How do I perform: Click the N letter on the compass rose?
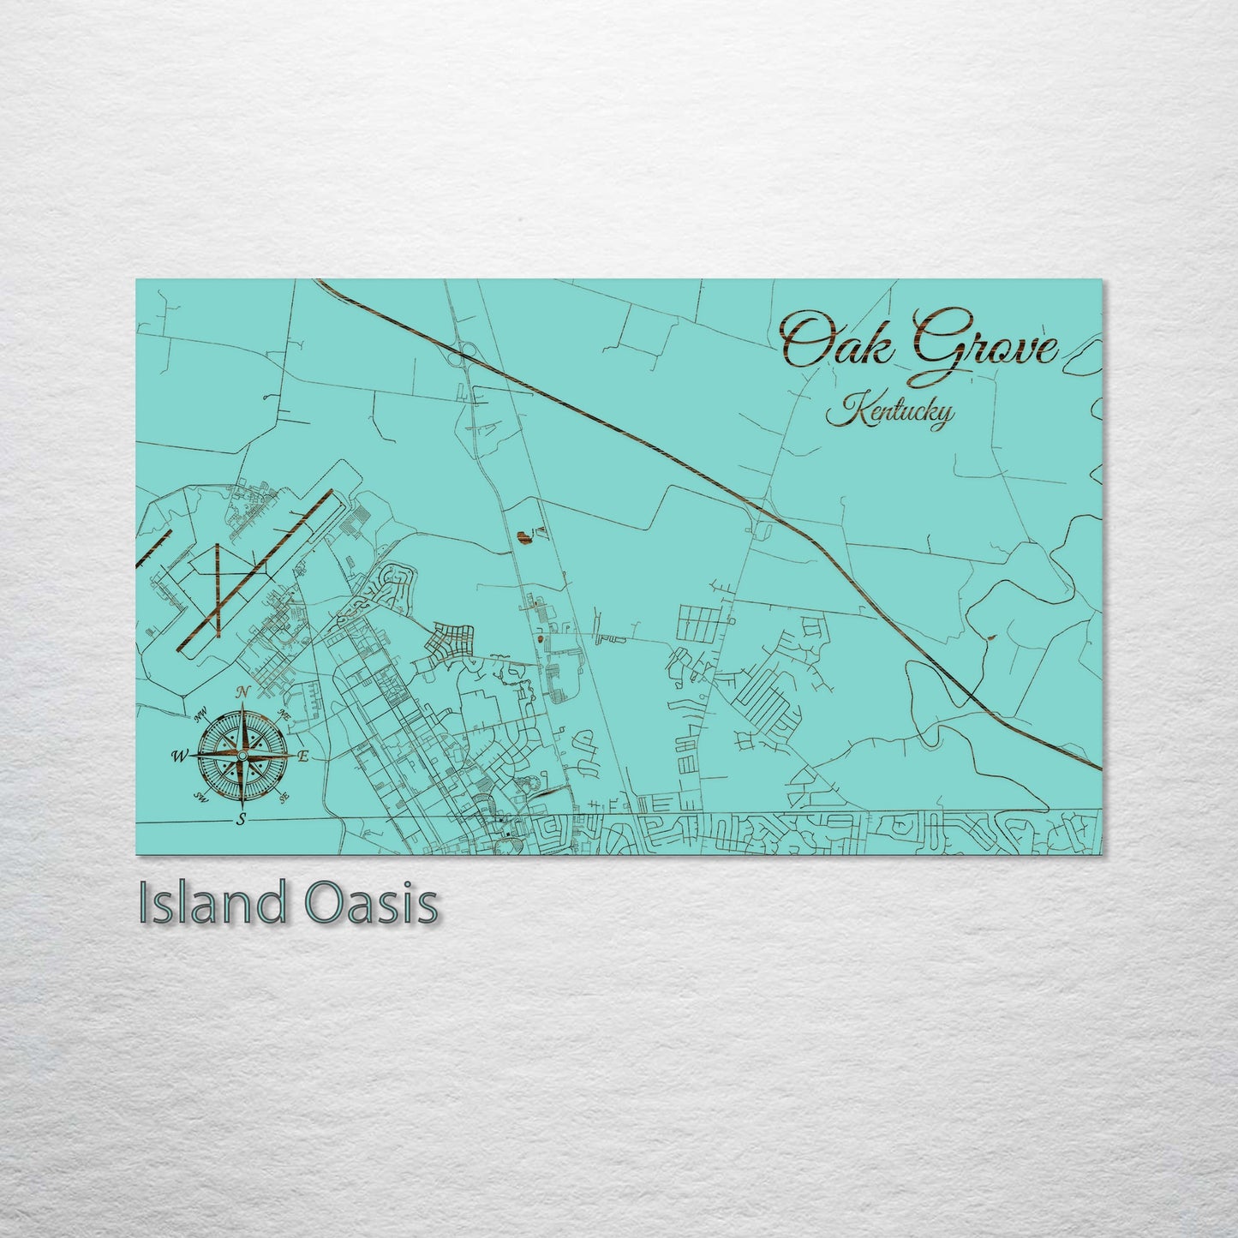(242, 692)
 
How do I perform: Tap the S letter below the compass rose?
(242, 819)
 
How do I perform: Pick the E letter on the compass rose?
(302, 756)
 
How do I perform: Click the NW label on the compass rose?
(202, 715)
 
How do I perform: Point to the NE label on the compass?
(284, 715)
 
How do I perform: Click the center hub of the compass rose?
(242, 755)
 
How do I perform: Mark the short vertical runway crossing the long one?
(218, 591)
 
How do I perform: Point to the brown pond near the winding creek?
(991, 637)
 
